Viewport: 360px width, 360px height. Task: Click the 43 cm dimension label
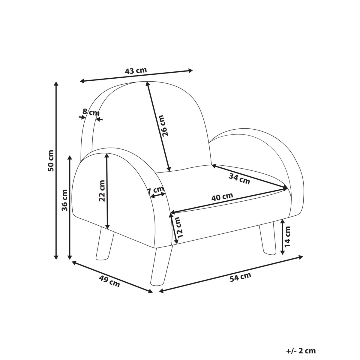point(136,71)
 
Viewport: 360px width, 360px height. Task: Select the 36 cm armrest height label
point(65,200)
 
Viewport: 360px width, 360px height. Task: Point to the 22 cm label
point(102,191)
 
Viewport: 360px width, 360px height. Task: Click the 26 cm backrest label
point(164,125)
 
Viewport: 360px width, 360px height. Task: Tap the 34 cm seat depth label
point(239,179)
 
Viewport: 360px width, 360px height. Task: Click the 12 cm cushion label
point(179,227)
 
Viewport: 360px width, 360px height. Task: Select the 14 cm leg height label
point(288,236)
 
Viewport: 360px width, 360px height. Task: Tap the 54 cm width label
point(240,277)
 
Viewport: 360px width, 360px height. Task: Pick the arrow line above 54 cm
point(231,274)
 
